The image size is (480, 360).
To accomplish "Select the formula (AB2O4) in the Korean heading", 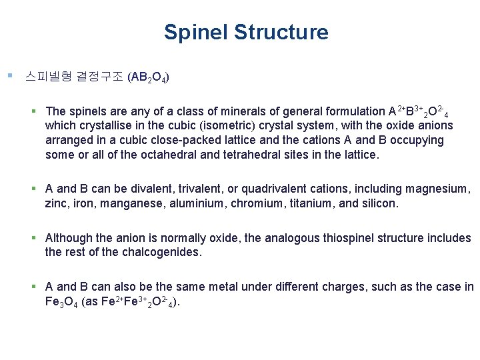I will tap(147, 77).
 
